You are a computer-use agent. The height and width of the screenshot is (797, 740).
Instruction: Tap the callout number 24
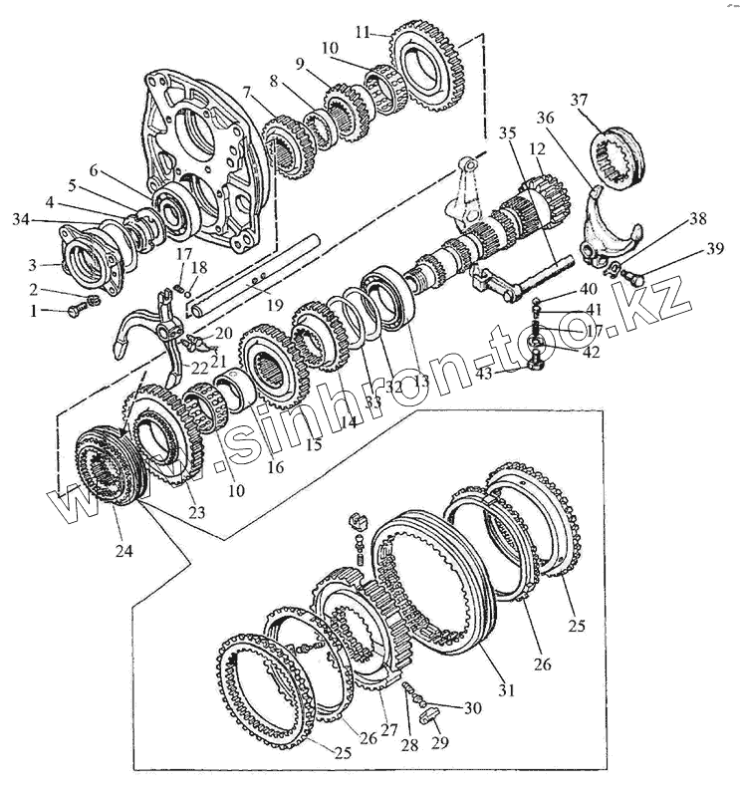point(123,550)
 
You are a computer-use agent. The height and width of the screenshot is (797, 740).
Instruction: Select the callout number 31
point(506,689)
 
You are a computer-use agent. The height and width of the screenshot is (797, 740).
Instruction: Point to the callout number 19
point(274,305)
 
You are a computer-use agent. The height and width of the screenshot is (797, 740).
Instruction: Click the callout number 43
point(484,374)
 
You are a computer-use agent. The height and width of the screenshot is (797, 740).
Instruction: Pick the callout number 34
point(21,220)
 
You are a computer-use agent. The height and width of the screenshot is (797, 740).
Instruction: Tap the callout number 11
point(363,33)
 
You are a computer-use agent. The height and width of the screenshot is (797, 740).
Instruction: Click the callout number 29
point(440,742)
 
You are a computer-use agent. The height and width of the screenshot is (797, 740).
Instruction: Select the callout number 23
point(196,512)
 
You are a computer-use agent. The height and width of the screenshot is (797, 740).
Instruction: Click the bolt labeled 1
point(78,309)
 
